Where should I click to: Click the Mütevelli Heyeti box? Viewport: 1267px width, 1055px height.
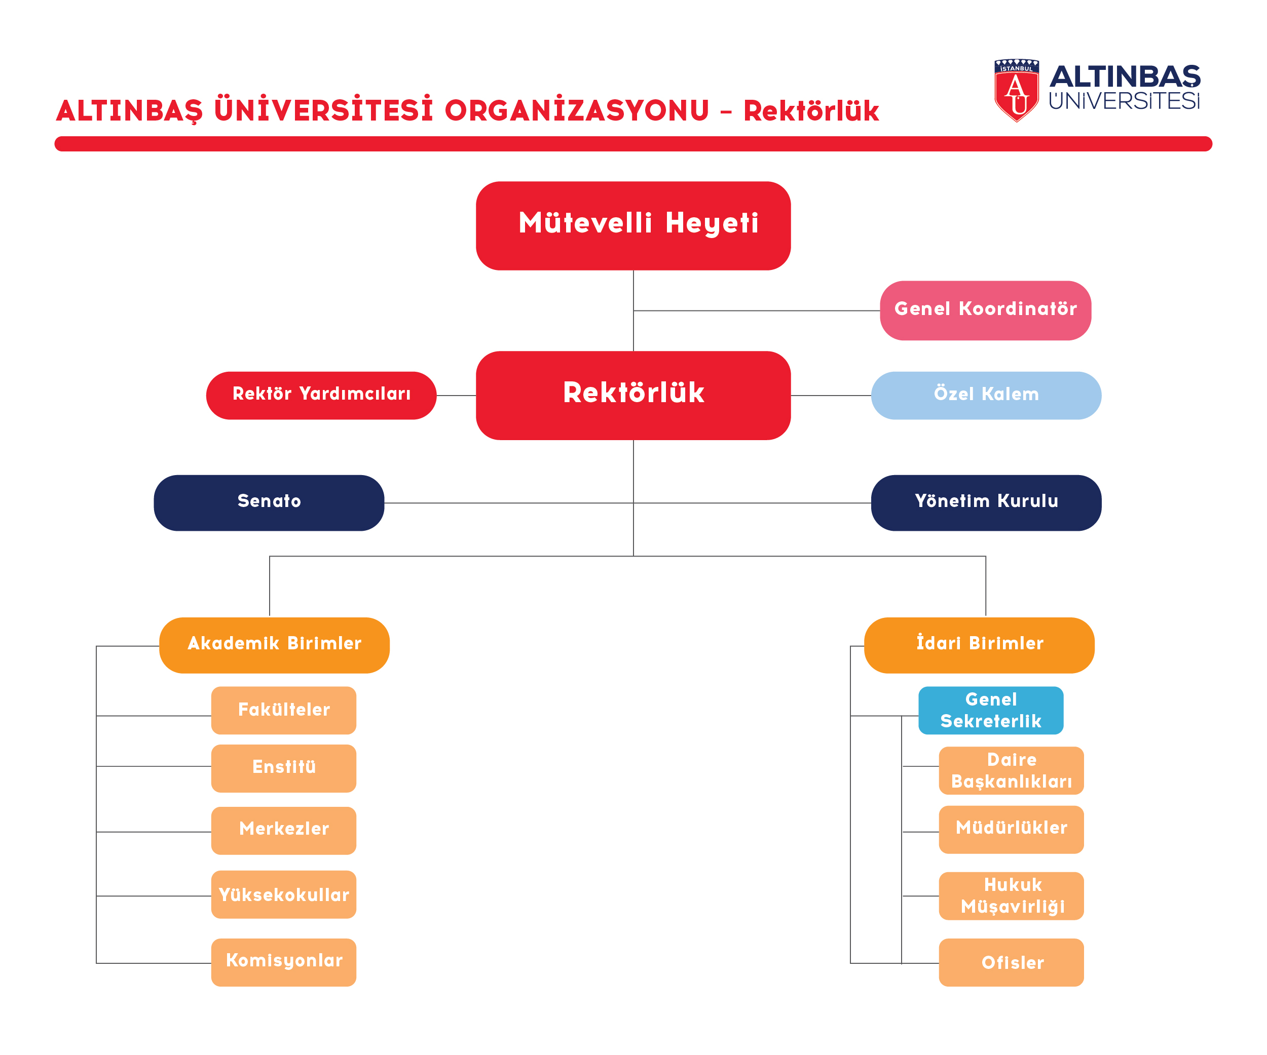click(x=633, y=225)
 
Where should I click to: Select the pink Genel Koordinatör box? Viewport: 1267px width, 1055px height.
click(x=985, y=310)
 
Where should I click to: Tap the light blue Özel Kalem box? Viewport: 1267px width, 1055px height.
click(x=986, y=396)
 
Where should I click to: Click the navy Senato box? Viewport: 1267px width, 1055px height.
click(x=269, y=503)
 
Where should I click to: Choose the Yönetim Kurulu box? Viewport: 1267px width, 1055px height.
click(x=986, y=503)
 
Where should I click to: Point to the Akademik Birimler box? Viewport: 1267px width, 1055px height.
click(x=275, y=645)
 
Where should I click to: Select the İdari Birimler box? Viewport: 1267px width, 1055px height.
click(x=979, y=645)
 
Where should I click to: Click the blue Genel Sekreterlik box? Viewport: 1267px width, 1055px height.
click(x=991, y=710)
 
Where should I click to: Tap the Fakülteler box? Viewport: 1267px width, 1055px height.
click(x=284, y=710)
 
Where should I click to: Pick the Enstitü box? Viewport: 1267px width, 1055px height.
click(x=284, y=768)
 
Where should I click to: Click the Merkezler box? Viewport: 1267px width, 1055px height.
click(x=284, y=830)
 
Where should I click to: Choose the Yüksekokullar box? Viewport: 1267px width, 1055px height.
click(x=284, y=894)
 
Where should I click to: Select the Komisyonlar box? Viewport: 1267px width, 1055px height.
click(x=284, y=962)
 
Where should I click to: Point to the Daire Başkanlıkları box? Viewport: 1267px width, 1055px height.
click(x=1011, y=770)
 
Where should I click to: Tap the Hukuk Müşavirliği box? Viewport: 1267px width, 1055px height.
click(x=1011, y=896)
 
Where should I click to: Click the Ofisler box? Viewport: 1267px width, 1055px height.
click(x=1011, y=962)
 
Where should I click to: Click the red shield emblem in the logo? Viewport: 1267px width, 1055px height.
click(x=1017, y=91)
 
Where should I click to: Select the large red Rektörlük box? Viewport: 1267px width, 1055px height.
click(x=633, y=396)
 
